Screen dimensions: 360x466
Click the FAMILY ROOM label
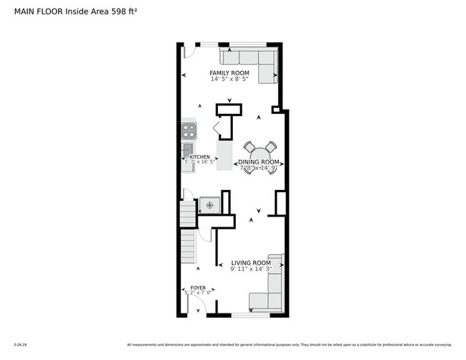coord(229,73)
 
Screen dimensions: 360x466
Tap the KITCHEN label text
coord(199,156)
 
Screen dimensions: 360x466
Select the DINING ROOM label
coord(258,162)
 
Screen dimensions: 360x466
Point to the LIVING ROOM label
coord(250,263)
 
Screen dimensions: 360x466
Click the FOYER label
coord(197,288)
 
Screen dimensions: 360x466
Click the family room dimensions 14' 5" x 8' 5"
coord(229,80)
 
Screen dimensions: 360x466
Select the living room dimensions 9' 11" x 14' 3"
coord(250,270)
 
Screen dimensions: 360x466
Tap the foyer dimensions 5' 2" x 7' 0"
coord(197,293)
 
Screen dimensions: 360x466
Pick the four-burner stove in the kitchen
coord(189,131)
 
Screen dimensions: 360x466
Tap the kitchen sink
coord(188,149)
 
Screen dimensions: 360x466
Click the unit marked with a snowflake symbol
coord(209,206)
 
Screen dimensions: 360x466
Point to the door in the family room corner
coord(187,51)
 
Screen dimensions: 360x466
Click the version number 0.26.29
coord(19,344)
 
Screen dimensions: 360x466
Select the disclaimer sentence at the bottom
coord(289,344)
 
